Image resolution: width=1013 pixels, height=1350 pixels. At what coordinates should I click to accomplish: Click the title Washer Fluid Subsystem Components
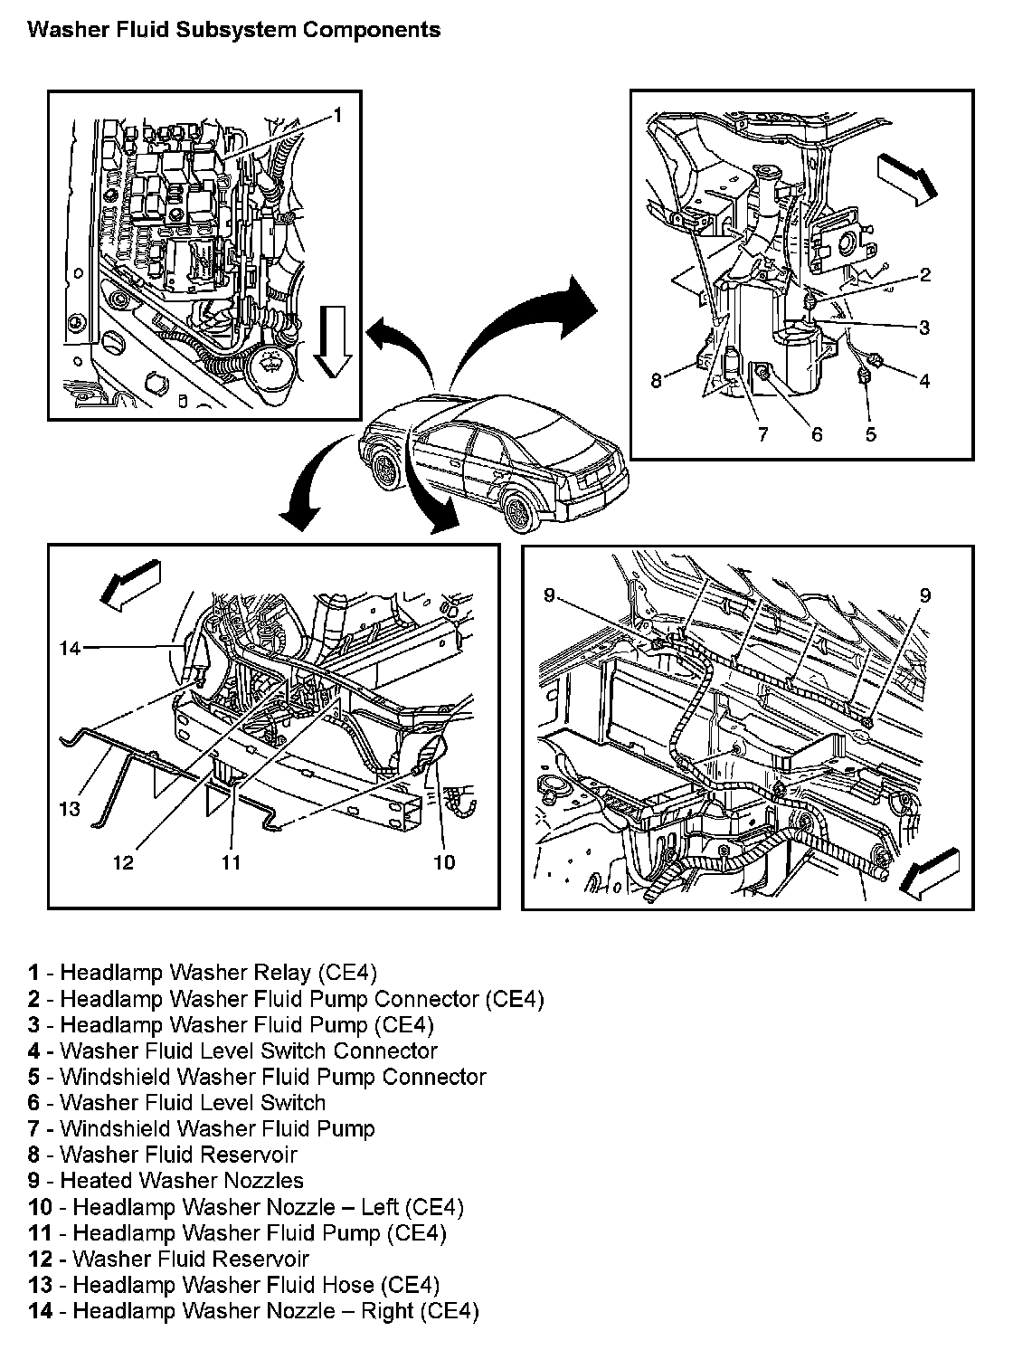234,30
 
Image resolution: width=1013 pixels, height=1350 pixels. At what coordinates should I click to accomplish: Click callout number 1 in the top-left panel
336,115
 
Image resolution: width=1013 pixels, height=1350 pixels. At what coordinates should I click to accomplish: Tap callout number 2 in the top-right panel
924,275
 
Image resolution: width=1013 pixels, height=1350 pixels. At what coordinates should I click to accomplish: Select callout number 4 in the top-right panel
924,381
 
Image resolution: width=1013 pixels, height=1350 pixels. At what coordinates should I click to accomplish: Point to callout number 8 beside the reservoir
657,381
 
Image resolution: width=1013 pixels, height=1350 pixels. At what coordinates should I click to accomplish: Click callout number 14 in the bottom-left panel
71,647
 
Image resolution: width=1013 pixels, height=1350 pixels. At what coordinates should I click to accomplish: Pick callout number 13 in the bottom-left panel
70,808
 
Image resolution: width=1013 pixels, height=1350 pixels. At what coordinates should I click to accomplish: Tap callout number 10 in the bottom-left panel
444,862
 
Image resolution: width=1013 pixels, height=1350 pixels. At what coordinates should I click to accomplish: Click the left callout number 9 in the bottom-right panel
550,594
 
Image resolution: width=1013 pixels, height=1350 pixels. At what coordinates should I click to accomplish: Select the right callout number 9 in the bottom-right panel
924,594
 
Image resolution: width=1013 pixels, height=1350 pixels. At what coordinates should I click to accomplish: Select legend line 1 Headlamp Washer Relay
202,973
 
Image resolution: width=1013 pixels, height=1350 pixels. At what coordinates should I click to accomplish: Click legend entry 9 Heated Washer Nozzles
166,1181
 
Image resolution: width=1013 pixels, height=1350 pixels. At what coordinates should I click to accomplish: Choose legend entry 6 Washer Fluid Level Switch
176,1103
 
